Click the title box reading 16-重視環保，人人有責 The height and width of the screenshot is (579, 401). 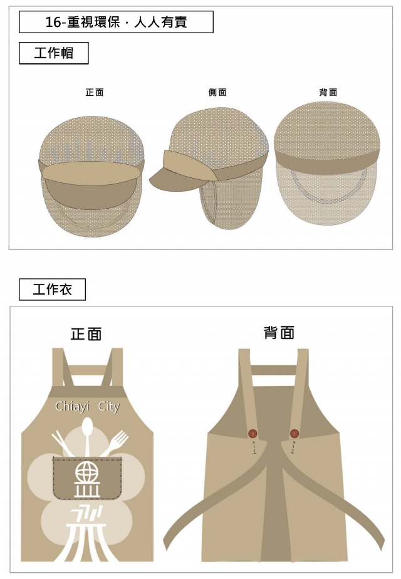tap(116, 23)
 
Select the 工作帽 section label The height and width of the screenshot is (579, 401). tap(53, 53)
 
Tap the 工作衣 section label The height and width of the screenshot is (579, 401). tap(52, 289)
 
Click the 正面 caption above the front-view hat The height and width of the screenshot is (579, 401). tap(95, 92)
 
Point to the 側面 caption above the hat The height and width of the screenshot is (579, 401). tap(217, 92)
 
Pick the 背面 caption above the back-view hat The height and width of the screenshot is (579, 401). tap(328, 92)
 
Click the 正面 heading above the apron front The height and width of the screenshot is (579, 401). tap(86, 334)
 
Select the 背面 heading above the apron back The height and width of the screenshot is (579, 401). tap(279, 333)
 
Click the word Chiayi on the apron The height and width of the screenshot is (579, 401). tap(71, 407)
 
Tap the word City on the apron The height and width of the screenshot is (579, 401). tap(108, 407)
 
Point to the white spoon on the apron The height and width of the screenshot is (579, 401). tap(87, 432)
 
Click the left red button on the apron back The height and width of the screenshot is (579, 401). tap(253, 434)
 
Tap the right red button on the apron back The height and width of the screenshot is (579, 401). tap(294, 434)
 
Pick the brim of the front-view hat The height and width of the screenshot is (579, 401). tap(90, 174)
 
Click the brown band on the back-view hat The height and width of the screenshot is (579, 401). tap(326, 154)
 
